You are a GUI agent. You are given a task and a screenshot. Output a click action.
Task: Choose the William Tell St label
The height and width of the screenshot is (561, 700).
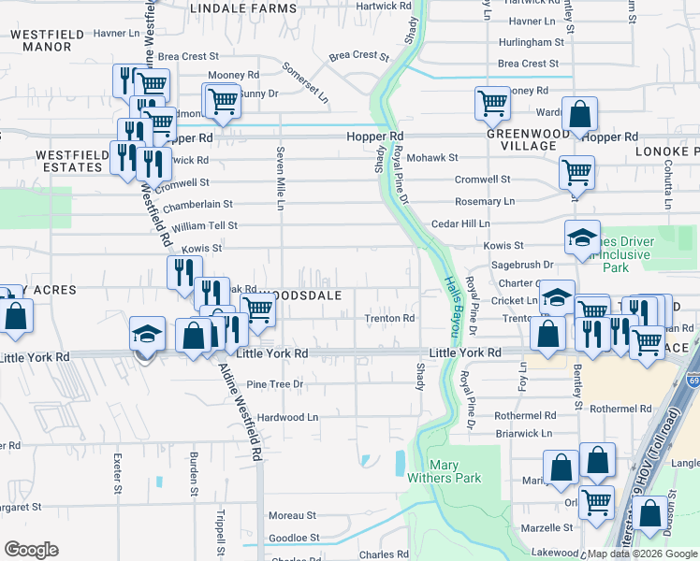[204, 226]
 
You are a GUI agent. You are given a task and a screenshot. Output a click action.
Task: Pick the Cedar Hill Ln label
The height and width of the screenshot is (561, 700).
[460, 224]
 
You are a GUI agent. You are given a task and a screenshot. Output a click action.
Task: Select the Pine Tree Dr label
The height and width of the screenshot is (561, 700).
[275, 384]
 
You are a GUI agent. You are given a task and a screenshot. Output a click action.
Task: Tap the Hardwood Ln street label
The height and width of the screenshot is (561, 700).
[287, 417]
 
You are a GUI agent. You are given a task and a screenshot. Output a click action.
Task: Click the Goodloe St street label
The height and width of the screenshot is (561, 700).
[294, 539]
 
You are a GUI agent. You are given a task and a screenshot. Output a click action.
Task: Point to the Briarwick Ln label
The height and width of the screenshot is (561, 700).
[523, 434]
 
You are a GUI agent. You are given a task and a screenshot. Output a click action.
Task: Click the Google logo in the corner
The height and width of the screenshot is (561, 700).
[31, 550]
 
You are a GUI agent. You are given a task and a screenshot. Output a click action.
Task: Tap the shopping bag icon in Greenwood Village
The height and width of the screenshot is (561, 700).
[580, 115]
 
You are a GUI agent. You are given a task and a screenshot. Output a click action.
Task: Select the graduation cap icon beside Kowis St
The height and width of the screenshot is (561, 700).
[581, 237]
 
